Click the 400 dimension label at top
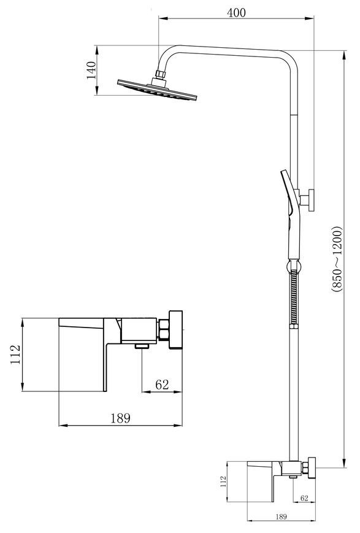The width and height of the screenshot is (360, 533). pos(236,13)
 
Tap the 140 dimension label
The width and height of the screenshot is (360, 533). pos(91,70)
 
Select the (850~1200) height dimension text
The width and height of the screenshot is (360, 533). pos(337,259)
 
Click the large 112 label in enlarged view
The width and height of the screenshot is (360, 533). pos(15,355)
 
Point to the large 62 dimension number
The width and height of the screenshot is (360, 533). pos(162,385)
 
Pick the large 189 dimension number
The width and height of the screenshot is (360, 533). pos(120,418)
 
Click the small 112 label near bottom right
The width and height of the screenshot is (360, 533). pos(223,481)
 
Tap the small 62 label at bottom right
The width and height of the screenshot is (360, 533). pos(304,498)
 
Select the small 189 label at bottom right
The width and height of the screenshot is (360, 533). pos(281,516)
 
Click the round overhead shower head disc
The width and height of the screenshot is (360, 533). pos(157,90)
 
